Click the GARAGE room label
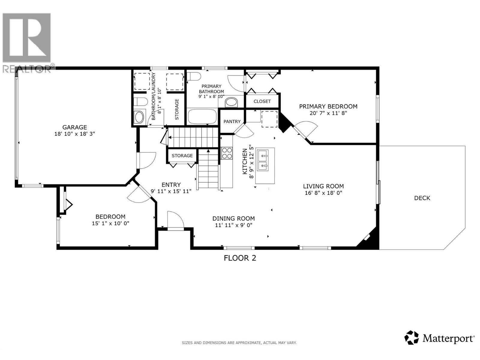(74, 127)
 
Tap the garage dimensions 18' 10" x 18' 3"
(74, 134)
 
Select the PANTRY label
(232, 121)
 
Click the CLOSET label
(262, 101)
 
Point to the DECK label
(422, 198)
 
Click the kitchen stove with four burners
(226, 153)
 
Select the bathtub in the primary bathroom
(202, 116)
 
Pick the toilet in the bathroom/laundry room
(140, 102)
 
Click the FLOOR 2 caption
(240, 258)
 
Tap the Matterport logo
(439, 338)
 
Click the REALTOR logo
(27, 42)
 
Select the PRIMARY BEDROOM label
(328, 106)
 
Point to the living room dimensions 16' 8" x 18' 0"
(323, 193)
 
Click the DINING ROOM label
(233, 219)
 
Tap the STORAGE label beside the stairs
(182, 156)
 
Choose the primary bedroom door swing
(306, 129)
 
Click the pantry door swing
(244, 130)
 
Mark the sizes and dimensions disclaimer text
(239, 343)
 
